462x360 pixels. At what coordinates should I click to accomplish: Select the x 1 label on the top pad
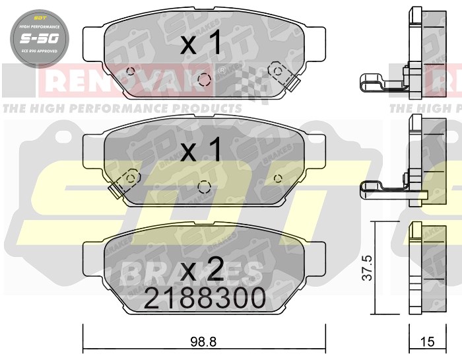pyautogui.click(x=200, y=45)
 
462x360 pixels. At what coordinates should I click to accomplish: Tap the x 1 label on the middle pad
pyautogui.click(x=200, y=151)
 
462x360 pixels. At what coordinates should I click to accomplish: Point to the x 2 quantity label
pyautogui.click(x=200, y=270)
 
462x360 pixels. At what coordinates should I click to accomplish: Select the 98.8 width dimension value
pyautogui.click(x=204, y=342)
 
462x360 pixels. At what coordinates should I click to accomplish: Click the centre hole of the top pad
pyautogui.click(x=205, y=80)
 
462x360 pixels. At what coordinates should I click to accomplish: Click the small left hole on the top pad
pyautogui.click(x=131, y=72)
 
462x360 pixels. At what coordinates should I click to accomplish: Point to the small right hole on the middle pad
pyautogui.click(x=277, y=176)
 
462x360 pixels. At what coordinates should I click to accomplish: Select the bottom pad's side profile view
pyautogui.click(x=415, y=268)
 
